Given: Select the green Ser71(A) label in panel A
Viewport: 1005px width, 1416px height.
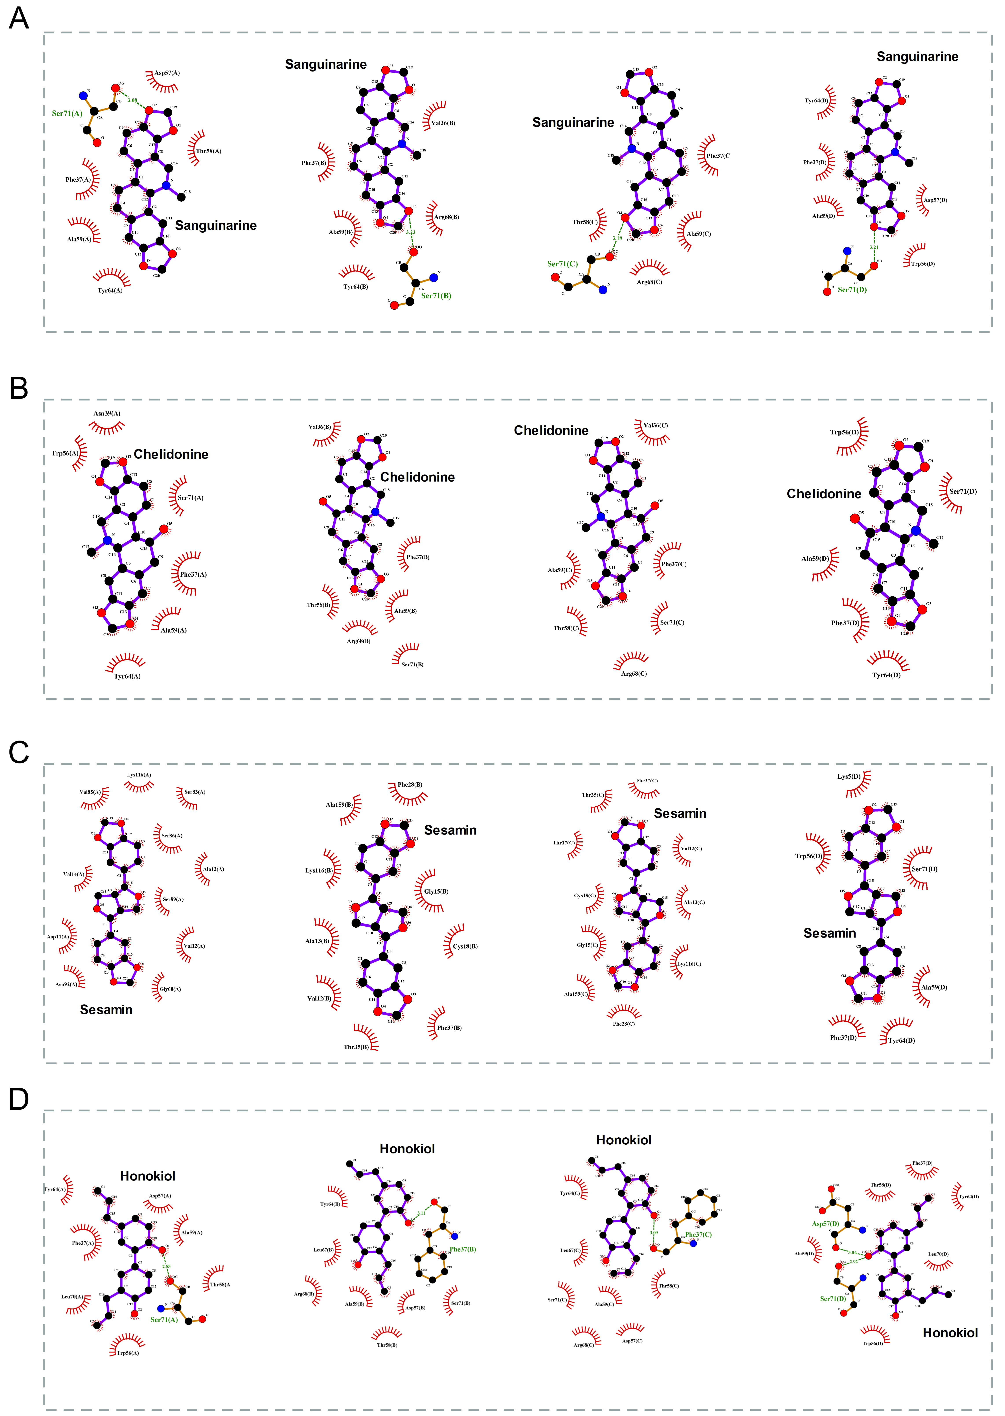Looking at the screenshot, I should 67,113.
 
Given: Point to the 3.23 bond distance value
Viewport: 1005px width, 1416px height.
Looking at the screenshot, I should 410,233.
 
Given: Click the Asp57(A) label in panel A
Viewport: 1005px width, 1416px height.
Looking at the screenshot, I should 167,73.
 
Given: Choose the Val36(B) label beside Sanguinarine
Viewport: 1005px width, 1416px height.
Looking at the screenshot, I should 443,123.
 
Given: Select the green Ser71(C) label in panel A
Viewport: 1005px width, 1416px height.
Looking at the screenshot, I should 562,264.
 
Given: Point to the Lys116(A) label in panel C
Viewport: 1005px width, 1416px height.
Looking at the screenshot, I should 139,775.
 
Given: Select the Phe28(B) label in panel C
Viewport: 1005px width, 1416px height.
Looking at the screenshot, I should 410,785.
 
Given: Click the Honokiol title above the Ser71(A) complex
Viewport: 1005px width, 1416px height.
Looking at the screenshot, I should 147,1176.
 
